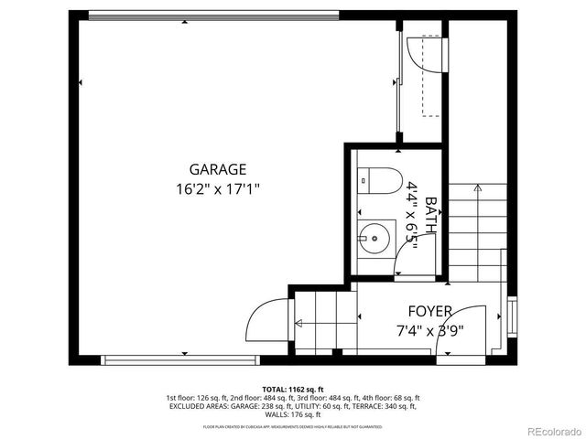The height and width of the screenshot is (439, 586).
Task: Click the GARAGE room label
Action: [218, 169]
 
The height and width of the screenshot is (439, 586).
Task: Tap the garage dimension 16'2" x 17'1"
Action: [218, 190]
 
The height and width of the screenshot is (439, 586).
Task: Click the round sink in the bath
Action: [374, 241]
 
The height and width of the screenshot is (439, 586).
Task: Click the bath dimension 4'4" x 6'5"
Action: [413, 216]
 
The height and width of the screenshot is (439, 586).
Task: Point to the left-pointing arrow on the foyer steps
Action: [298, 322]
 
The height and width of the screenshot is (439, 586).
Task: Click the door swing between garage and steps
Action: [266, 322]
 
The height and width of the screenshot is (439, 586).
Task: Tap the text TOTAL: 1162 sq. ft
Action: [293, 389]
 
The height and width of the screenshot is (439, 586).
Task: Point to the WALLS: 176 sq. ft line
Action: [293, 415]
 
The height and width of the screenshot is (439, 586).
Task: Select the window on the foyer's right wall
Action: [512, 315]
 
